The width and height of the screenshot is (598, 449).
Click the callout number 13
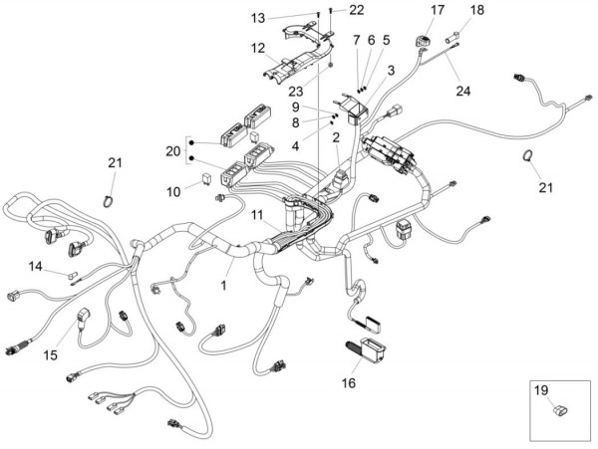(x=258, y=18)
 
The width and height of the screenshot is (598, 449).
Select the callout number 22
(x=357, y=10)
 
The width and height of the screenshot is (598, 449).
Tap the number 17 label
(x=438, y=10)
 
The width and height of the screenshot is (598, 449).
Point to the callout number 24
(x=463, y=91)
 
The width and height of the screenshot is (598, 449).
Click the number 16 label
(x=349, y=382)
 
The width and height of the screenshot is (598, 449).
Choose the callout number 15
(x=51, y=355)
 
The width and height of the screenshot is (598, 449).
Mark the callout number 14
(x=36, y=266)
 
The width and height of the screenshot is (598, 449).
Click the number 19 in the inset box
(x=541, y=390)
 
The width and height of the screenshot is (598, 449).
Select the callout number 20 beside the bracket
(x=172, y=151)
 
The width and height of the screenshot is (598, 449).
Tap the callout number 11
(x=257, y=215)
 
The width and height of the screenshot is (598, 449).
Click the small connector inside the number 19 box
(x=560, y=410)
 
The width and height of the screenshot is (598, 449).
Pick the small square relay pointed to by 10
(x=206, y=178)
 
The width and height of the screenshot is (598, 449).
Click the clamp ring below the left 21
(x=109, y=201)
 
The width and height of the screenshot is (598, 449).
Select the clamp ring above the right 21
(x=527, y=155)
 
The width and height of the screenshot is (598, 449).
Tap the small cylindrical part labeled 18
(x=452, y=38)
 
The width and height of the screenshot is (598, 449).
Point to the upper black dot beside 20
(x=191, y=142)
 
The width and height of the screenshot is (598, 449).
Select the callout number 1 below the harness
(x=224, y=285)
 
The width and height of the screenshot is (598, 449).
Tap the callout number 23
(x=296, y=92)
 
